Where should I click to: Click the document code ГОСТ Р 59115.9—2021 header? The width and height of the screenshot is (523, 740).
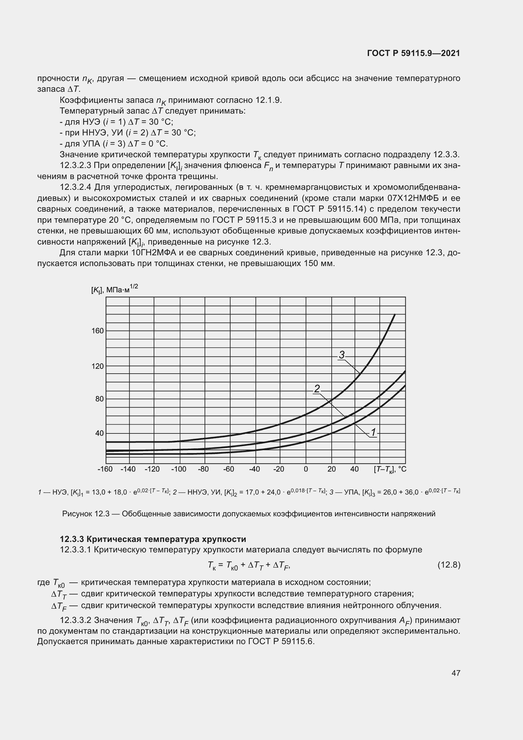coord(414,53)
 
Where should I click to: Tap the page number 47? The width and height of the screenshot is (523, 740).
coord(456,673)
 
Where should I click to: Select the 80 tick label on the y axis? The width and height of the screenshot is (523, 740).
coord(100,399)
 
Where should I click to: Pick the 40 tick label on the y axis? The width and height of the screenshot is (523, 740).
coord(100,433)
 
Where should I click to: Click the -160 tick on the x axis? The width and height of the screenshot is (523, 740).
coord(105,469)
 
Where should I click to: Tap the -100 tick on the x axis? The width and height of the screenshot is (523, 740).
coord(179,469)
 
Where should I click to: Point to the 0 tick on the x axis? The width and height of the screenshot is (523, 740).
coord(306,469)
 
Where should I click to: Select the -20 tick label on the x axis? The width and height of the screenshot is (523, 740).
coord(279,469)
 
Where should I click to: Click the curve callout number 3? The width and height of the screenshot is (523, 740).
coord(342,355)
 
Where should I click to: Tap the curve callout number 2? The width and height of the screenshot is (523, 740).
coord(317,389)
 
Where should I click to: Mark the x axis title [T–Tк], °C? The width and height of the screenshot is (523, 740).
coord(390,469)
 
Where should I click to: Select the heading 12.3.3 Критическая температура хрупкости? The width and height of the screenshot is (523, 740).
coord(153,539)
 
